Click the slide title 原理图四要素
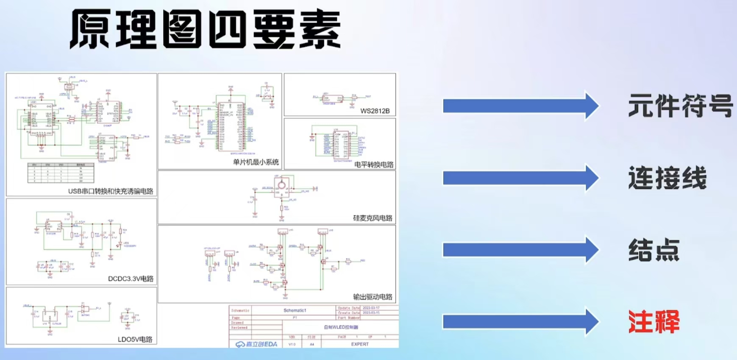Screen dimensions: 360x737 click(x=206, y=29)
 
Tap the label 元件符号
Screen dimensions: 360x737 click(x=680, y=106)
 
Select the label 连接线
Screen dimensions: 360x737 click(x=667, y=178)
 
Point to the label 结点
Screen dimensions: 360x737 click(x=654, y=250)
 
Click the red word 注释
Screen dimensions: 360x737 click(x=654, y=322)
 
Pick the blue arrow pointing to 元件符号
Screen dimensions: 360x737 click(x=520, y=106)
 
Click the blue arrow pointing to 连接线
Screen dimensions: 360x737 click(x=520, y=178)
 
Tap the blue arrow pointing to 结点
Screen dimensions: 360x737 click(x=520, y=250)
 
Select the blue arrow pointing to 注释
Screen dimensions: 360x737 click(x=520, y=322)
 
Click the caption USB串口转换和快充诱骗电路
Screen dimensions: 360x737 click(x=111, y=191)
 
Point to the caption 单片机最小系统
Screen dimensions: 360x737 click(x=256, y=162)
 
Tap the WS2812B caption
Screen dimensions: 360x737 click(x=375, y=111)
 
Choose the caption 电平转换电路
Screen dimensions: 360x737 click(x=374, y=165)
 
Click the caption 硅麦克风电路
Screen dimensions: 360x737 click(x=373, y=218)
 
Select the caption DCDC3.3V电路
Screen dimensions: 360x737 click(x=131, y=279)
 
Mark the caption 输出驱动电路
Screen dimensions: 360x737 click(x=373, y=297)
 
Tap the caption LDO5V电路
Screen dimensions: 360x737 click(x=135, y=339)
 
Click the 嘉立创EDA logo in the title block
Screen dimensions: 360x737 click(x=256, y=344)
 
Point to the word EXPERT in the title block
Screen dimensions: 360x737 click(x=360, y=344)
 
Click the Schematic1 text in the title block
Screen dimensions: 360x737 click(x=295, y=310)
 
